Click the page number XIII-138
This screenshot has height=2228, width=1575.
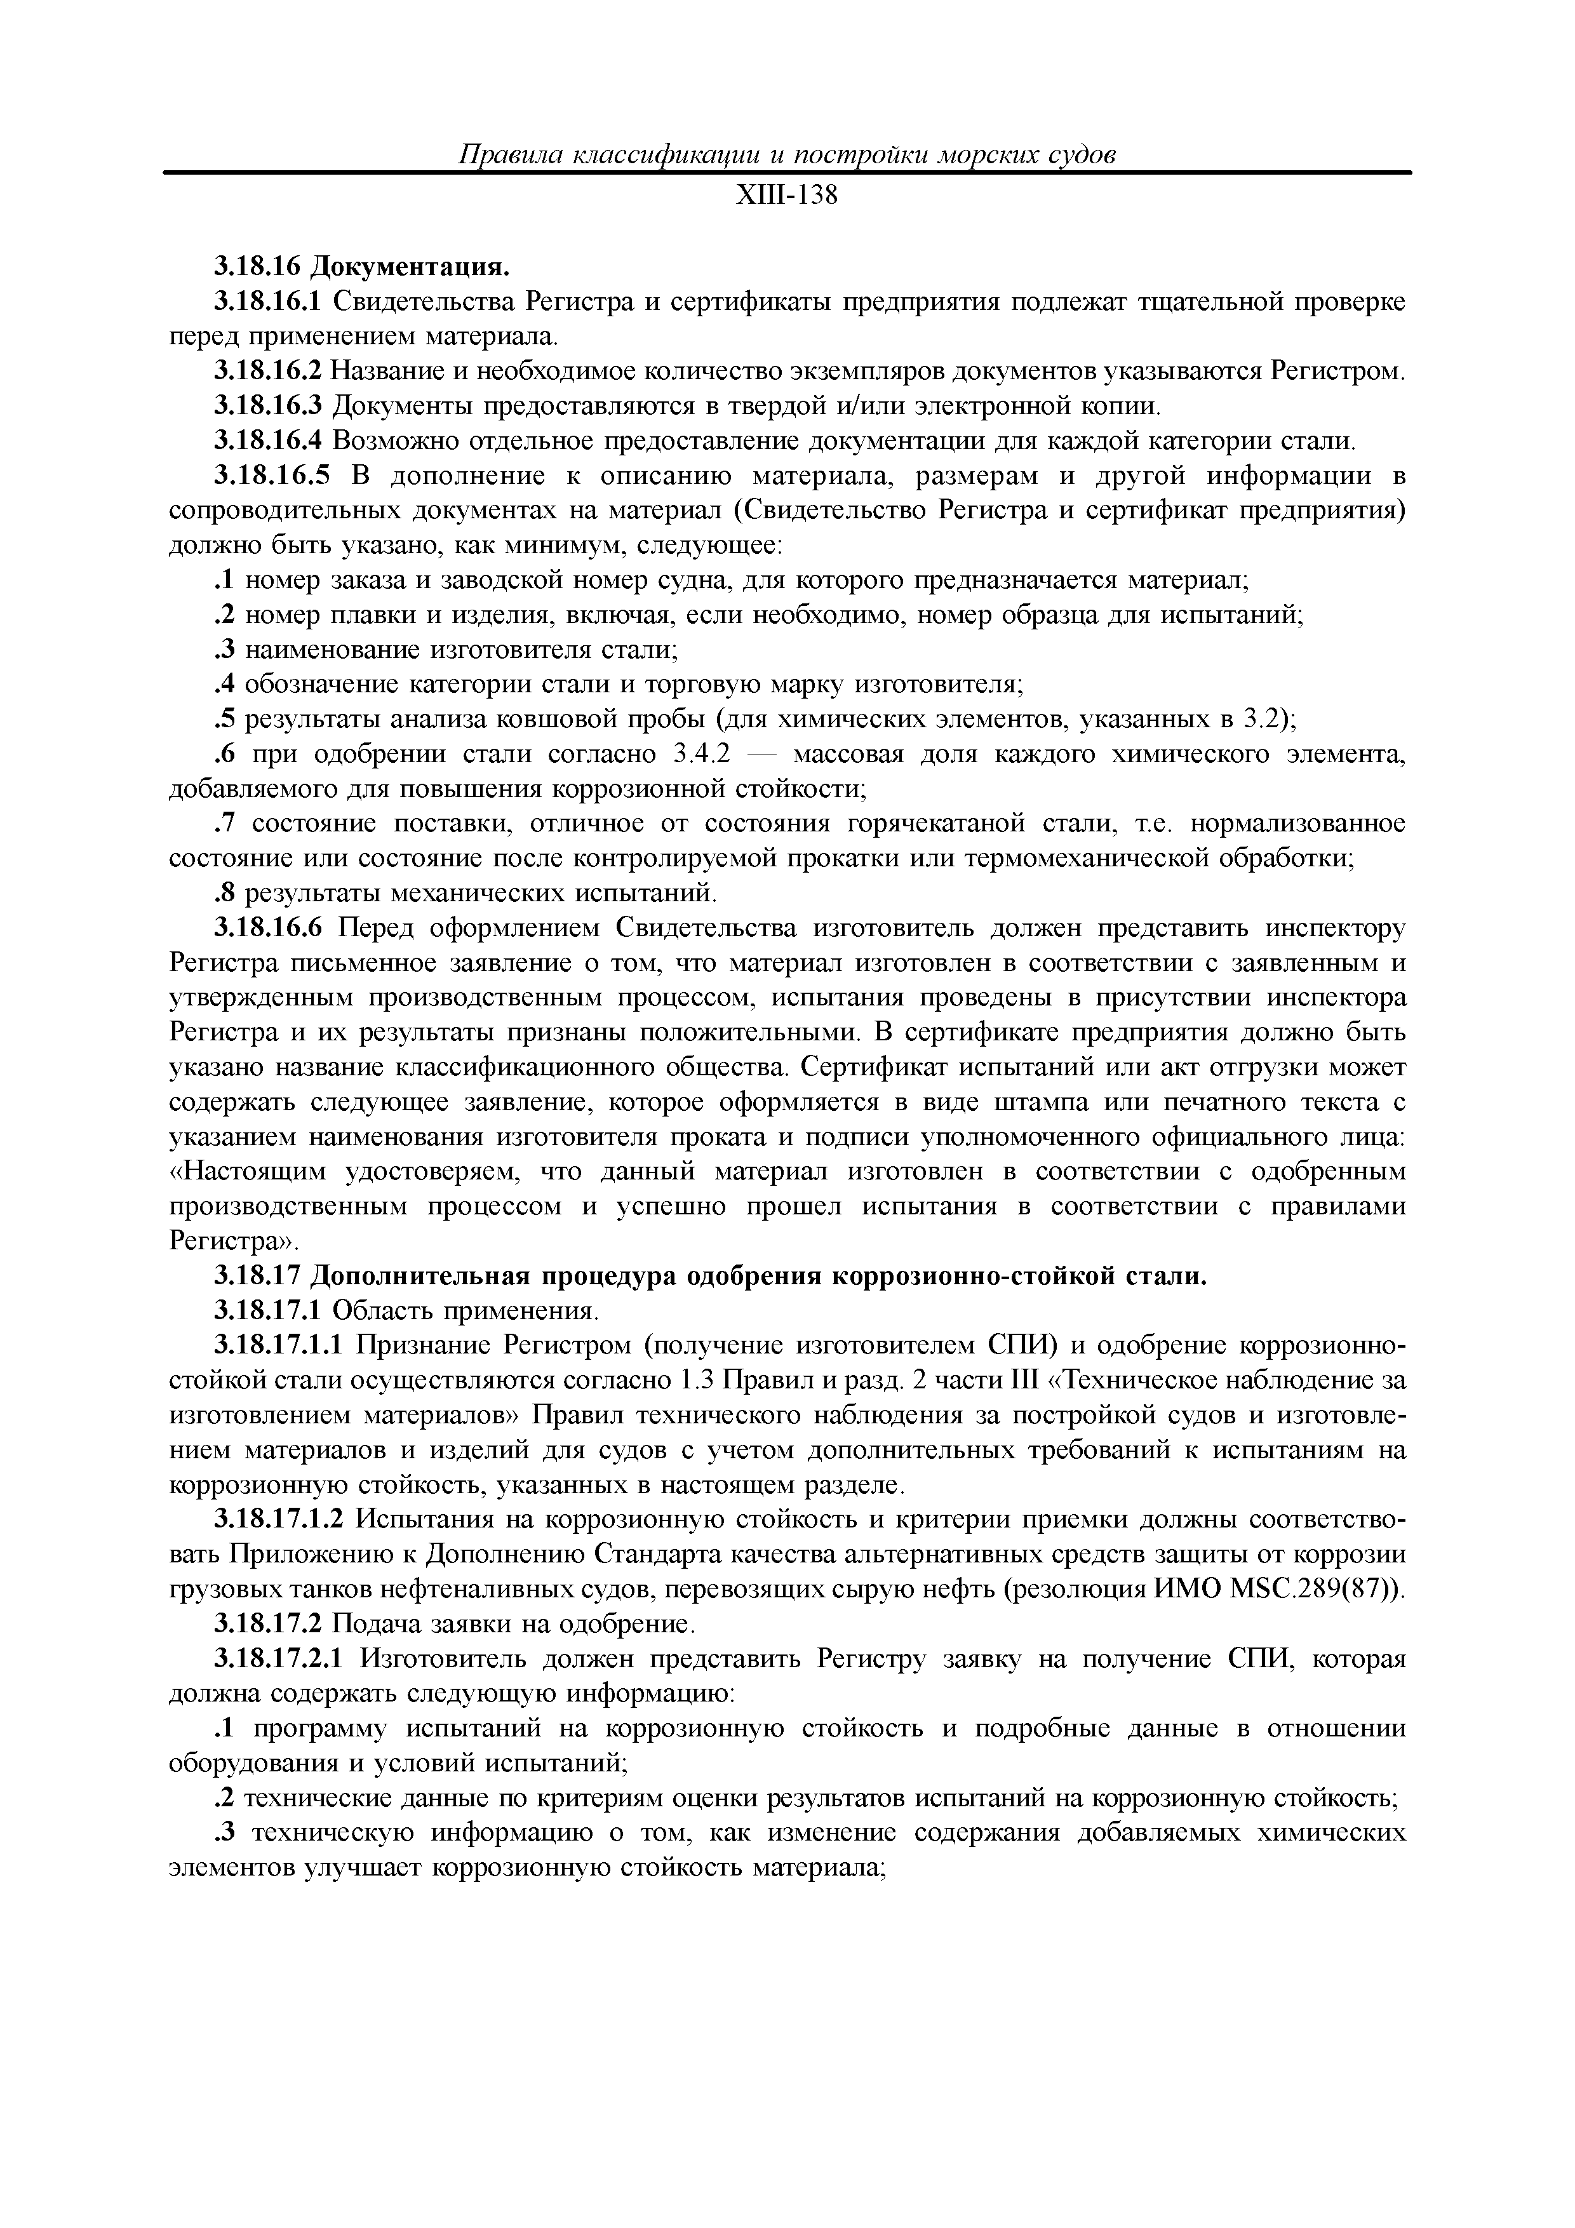point(786,197)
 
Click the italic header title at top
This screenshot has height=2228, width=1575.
point(786,155)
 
